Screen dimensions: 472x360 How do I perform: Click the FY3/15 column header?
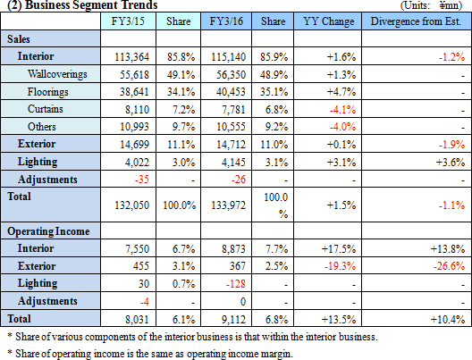point(128,21)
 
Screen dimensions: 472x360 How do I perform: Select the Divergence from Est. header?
point(416,21)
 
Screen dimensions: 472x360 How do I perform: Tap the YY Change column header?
point(328,21)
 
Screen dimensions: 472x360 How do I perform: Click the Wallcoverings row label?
point(57,74)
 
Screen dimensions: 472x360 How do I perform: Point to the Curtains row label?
point(46,109)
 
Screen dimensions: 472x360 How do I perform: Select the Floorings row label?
point(48,92)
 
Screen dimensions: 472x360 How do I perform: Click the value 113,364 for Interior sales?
point(131,57)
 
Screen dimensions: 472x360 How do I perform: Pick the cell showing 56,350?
point(231,74)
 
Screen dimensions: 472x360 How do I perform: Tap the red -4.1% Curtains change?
point(342,110)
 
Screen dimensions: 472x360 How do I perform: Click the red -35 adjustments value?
point(142,180)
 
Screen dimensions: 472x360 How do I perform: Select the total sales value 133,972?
point(228,205)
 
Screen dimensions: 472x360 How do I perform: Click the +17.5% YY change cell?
point(339,249)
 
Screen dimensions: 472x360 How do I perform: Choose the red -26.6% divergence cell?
point(449,266)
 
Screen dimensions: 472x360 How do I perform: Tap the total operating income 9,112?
point(233,320)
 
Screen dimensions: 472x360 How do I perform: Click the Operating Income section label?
point(48,231)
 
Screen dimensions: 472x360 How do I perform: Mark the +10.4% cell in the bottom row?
point(448,320)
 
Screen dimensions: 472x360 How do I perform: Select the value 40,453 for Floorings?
point(231,92)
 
